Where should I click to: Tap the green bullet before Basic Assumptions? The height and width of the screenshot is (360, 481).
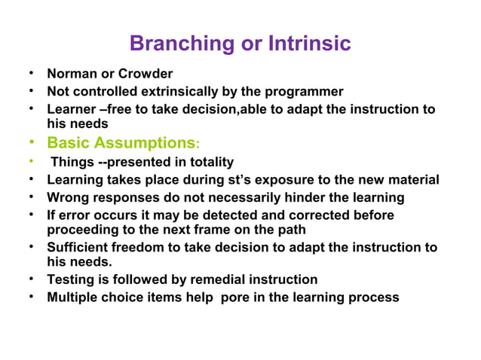click(30, 142)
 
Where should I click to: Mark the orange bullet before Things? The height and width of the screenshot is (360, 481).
click(30, 161)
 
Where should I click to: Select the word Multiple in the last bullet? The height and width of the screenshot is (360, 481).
click(73, 297)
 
